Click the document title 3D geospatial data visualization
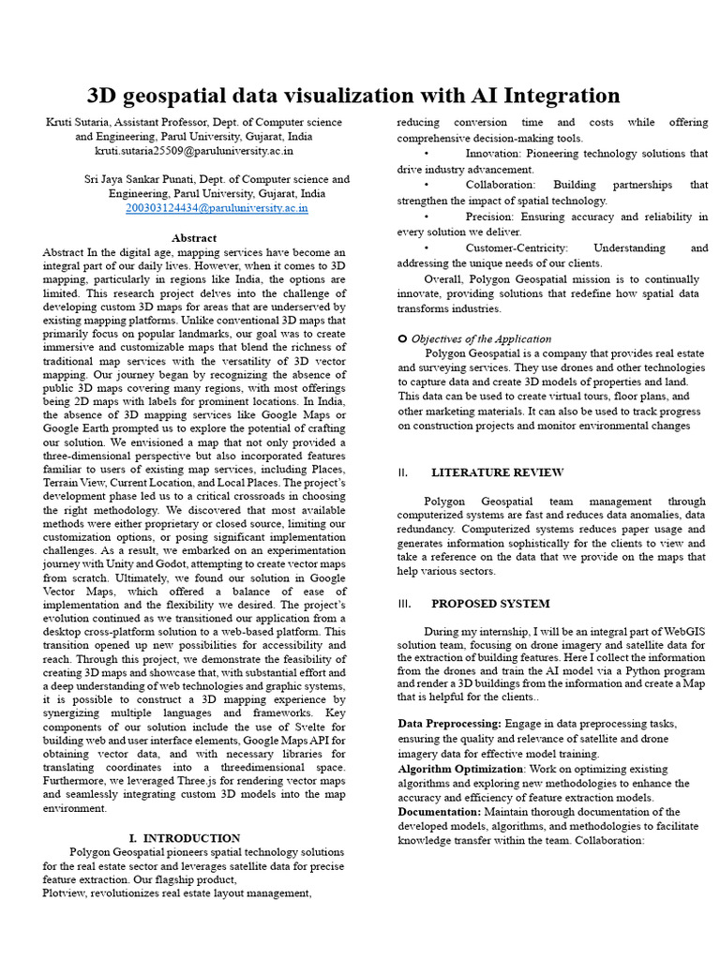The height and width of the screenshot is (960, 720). [x=353, y=96]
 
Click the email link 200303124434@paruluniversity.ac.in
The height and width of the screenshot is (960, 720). [x=217, y=208]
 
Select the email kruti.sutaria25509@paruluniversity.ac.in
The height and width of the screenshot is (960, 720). [x=194, y=150]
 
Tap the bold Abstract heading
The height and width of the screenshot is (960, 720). [x=194, y=238]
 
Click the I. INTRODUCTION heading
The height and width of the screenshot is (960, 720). [x=185, y=838]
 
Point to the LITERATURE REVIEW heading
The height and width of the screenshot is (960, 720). [x=497, y=472]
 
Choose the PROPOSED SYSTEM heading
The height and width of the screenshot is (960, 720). [x=490, y=604]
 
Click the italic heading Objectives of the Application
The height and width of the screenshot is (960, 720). [x=481, y=339]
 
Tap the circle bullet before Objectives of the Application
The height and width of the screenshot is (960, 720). [x=402, y=338]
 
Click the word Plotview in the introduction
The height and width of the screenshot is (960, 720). [x=66, y=893]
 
